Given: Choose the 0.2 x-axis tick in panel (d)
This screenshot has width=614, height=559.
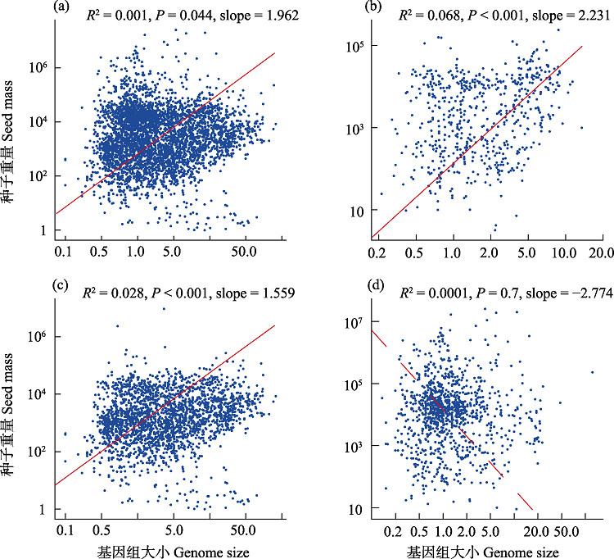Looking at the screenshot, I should pos(395,530).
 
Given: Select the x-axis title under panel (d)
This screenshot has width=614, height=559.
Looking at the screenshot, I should pos(483,551).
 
